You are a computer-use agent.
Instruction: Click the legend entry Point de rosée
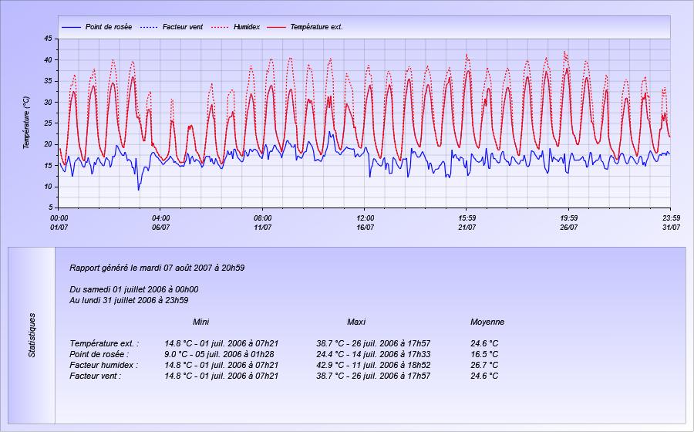coord(96,27)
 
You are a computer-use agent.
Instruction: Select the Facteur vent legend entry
coord(171,27)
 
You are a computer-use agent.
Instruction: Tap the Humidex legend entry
coord(235,27)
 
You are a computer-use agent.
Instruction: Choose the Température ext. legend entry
coord(305,27)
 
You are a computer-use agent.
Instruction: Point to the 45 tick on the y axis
coord(49,39)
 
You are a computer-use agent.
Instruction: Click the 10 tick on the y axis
coord(49,187)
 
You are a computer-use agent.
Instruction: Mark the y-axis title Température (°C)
coord(26,123)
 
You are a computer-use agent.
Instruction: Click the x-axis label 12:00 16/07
coord(366,223)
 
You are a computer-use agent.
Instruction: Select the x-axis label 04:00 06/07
coord(160,223)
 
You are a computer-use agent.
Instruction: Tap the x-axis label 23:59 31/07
coord(672,223)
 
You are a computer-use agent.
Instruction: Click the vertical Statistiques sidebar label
coord(32,335)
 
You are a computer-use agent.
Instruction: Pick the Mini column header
coord(201,322)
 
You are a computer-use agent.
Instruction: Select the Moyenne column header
coord(487,322)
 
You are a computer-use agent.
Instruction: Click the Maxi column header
coord(356,322)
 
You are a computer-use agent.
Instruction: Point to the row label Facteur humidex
coord(104,365)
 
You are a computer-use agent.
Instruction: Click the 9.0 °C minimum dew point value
coord(176,354)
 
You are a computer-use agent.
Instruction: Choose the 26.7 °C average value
coord(484,365)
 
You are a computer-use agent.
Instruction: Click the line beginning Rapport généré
coord(157,268)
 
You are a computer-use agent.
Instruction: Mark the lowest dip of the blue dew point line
coord(139,190)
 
